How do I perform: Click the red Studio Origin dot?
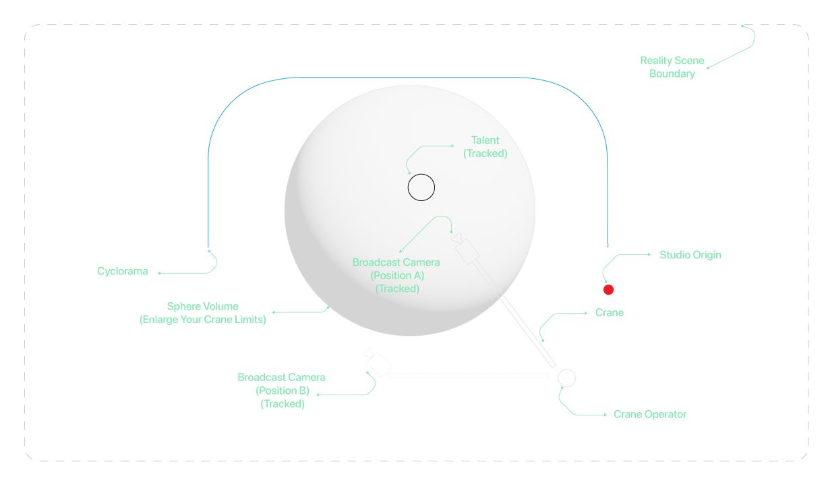coord(608,289)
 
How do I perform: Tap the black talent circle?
coord(421,174)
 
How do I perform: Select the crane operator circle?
coord(566,369)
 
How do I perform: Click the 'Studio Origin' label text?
coord(690,255)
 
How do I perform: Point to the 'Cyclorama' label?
coord(122,271)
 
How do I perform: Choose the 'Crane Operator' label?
coord(650,414)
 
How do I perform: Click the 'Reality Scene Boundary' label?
coord(672,67)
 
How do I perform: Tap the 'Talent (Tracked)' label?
coord(485,147)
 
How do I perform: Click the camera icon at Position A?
coord(465,248)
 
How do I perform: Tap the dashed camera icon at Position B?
coord(378,362)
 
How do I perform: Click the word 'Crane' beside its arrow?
coord(609,312)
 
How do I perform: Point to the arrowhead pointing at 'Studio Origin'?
coord(649,254)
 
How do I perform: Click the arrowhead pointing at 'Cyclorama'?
coord(159,273)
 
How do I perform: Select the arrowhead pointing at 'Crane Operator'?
coord(605,415)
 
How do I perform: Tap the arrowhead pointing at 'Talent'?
coord(453,146)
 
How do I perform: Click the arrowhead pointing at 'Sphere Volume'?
coord(273,312)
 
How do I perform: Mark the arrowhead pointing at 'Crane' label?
coord(587,313)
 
